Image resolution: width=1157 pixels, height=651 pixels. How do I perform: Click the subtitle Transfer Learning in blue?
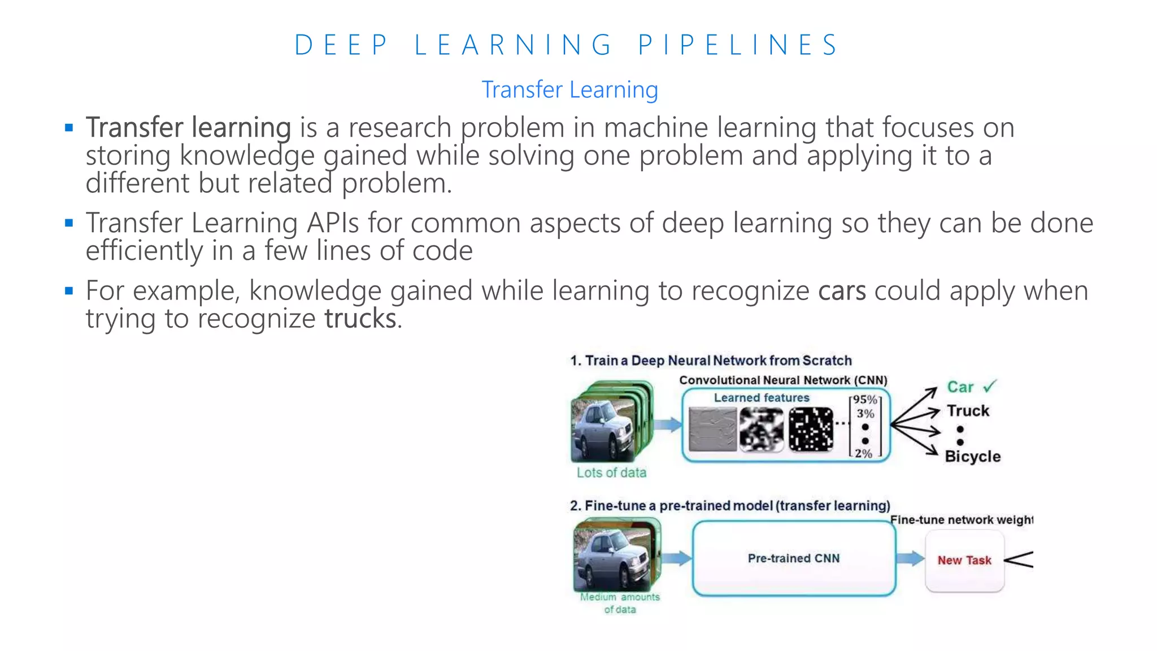click(569, 90)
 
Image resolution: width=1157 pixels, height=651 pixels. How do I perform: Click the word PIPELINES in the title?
click(738, 45)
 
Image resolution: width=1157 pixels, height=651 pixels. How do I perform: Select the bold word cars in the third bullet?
click(842, 291)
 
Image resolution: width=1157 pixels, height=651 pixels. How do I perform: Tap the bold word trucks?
click(360, 319)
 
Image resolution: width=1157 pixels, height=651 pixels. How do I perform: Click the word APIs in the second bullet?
click(333, 223)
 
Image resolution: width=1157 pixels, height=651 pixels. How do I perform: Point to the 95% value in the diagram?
click(865, 400)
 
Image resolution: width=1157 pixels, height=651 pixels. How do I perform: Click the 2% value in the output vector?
click(863, 453)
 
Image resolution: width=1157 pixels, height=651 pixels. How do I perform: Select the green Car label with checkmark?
click(971, 387)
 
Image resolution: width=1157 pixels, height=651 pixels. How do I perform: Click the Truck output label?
click(968, 411)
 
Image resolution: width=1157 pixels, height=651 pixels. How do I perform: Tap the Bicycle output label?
click(972, 457)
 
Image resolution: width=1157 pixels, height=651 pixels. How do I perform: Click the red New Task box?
click(964, 561)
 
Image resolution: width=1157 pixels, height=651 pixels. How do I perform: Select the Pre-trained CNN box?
click(794, 558)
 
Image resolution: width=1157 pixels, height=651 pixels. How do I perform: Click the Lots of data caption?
click(611, 473)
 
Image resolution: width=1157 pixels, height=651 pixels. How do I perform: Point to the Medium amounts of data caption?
click(620, 603)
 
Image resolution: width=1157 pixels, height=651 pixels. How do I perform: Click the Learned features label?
click(762, 398)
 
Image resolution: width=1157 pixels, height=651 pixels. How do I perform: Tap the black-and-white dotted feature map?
click(811, 429)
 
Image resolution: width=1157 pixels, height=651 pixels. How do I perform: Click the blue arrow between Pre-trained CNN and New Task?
click(910, 559)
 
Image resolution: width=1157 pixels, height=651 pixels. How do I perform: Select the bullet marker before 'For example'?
click(69, 292)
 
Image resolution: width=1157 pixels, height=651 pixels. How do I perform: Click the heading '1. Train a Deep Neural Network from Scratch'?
click(711, 361)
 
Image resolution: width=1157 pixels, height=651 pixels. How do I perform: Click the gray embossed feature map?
click(713, 429)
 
